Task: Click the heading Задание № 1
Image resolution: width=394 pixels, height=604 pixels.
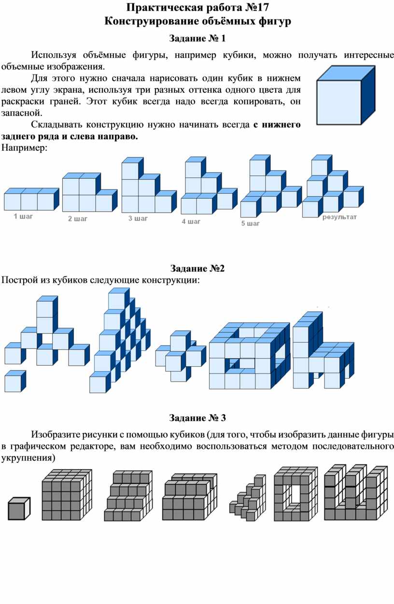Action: pyautogui.click(x=197, y=39)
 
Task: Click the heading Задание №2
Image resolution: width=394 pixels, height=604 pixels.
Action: pyautogui.click(x=197, y=268)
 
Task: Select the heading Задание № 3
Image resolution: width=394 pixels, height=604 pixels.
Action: pyautogui.click(x=197, y=418)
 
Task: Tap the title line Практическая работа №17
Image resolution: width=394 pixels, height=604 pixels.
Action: pyautogui.click(x=197, y=8)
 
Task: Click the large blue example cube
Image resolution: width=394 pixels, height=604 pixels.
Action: pyautogui.click(x=346, y=95)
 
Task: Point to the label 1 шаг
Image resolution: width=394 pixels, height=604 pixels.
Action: pyautogui.click(x=23, y=216)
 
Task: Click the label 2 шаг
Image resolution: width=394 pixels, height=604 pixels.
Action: pyautogui.click(x=78, y=219)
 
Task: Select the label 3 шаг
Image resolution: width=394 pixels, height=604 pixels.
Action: pyautogui.click(x=138, y=218)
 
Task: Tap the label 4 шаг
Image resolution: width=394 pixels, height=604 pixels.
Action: pyautogui.click(x=191, y=222)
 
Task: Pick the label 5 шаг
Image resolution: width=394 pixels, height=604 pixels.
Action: pyautogui.click(x=251, y=224)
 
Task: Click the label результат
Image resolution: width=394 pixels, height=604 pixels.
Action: pyautogui.click(x=339, y=217)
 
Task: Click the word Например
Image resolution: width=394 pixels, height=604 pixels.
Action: pyautogui.click(x=24, y=148)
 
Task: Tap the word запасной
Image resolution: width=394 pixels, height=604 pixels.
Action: pyautogui.click(x=22, y=113)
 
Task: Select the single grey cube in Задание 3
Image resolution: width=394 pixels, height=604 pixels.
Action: pyautogui.click(x=19, y=508)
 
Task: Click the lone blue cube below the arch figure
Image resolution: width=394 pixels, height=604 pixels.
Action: pyautogui.click(x=15, y=381)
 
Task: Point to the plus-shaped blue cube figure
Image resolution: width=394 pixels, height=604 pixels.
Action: pyautogui.click(x=181, y=356)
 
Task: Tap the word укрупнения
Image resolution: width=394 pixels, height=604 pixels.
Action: pyautogui.click(x=28, y=458)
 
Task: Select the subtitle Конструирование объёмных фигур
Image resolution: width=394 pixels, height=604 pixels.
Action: pyautogui.click(x=197, y=21)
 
